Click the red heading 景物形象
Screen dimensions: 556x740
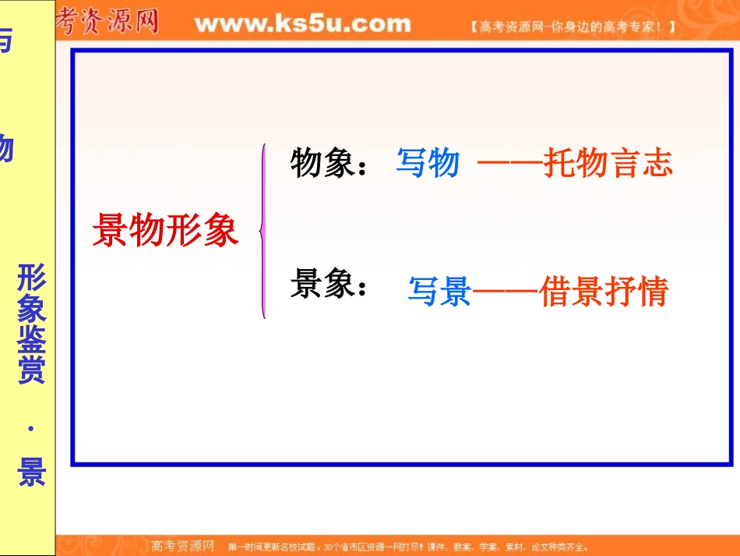tap(165, 230)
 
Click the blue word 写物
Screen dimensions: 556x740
tap(428, 164)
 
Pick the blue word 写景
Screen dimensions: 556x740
tap(439, 292)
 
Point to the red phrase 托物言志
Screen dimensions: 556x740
tap(608, 164)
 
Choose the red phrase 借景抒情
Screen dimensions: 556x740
tap(604, 292)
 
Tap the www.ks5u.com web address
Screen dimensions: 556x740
tap(302, 23)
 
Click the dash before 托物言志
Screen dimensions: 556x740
tap(509, 164)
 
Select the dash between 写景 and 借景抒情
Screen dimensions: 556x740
tap(505, 293)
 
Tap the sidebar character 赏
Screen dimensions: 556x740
tap(32, 370)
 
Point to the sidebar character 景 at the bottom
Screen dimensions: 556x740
tap(32, 472)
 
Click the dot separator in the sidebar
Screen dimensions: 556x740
tap(32, 428)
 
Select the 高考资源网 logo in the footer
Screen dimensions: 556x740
tap(182, 546)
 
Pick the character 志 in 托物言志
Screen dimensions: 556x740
tap(657, 164)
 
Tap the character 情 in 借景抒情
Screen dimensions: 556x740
tap(653, 292)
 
